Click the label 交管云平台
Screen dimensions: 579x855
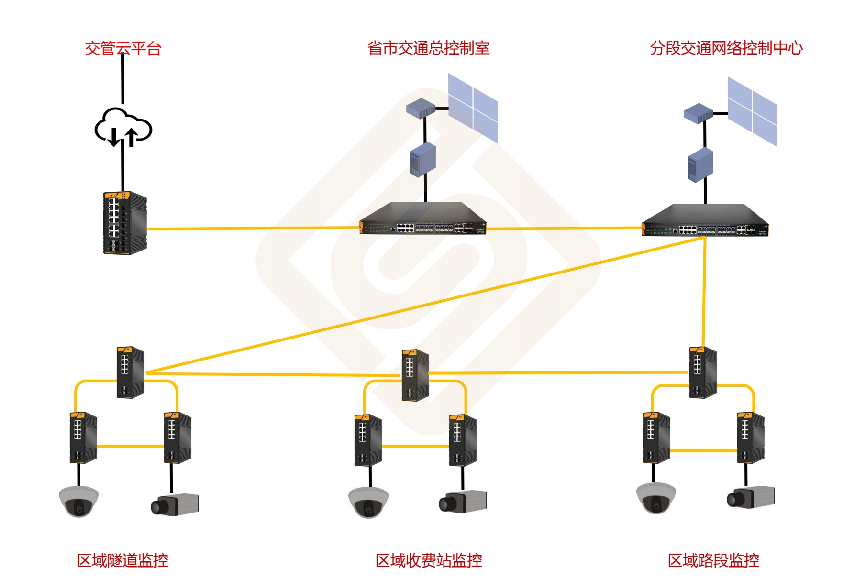click(123, 48)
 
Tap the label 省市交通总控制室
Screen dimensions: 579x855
click(428, 48)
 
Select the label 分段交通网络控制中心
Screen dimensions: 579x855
click(726, 48)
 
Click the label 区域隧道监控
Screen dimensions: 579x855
click(122, 560)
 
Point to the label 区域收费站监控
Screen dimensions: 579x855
click(429, 560)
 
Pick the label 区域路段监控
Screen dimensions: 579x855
click(713, 560)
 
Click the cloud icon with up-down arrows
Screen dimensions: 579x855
click(123, 127)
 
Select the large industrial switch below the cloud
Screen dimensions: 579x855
click(125, 223)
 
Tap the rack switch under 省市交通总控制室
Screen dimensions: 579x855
click(423, 219)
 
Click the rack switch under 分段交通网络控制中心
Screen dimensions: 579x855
click(705, 221)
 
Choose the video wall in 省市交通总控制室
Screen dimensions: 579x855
click(473, 108)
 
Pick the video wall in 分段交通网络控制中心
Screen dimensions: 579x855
click(752, 111)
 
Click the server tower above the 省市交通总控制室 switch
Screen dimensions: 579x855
click(423, 159)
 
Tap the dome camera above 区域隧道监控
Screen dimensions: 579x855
click(78, 501)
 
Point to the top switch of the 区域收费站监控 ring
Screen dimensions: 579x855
click(415, 375)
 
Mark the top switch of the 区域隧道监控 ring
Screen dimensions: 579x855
click(131, 372)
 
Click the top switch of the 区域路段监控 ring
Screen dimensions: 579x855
click(703, 372)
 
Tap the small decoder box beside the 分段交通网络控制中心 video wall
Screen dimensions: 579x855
click(698, 114)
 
